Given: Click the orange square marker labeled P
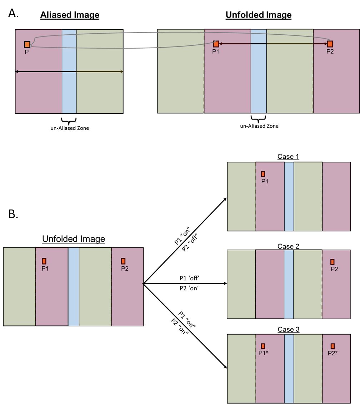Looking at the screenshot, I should [27, 44].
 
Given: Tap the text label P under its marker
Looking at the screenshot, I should [27, 52].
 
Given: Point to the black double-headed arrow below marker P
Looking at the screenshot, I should [69, 72].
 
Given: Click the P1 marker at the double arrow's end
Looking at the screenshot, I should [216, 44].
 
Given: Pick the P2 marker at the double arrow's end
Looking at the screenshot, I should [330, 44].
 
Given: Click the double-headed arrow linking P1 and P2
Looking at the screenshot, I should [273, 44].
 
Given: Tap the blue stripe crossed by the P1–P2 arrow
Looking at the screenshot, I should [259, 72].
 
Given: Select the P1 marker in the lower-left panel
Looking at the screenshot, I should [44, 261].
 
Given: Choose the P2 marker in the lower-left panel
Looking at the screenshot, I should [123, 261].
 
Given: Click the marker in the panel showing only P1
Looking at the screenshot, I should [263, 174].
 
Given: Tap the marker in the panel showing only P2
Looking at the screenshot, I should [332, 262].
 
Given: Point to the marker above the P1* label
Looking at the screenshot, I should [263, 346].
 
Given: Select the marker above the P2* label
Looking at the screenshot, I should [332, 346].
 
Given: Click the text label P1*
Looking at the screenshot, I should [264, 353].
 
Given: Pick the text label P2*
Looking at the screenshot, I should [333, 353].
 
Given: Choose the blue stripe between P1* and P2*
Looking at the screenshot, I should [289, 369].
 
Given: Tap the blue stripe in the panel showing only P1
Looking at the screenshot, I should [289, 197].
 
